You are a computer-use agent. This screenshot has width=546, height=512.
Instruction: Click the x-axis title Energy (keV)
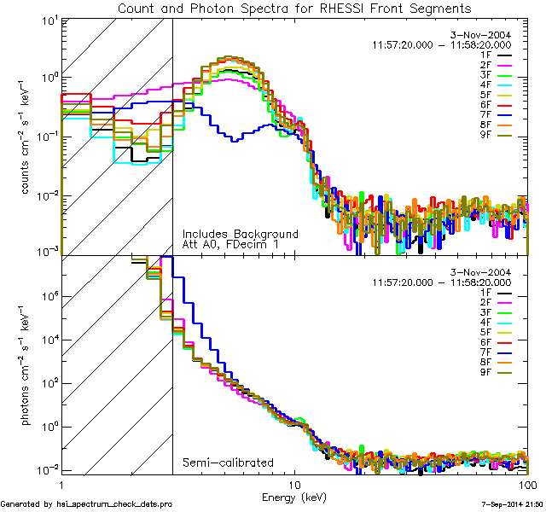pos(294,496)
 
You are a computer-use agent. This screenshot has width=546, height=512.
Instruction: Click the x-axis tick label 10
pos(294,484)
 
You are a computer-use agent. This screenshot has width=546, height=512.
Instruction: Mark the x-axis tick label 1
pos(61,484)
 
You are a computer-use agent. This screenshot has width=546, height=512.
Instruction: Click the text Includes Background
pos(240,234)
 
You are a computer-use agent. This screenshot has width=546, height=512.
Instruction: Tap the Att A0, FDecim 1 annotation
pos(230,245)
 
